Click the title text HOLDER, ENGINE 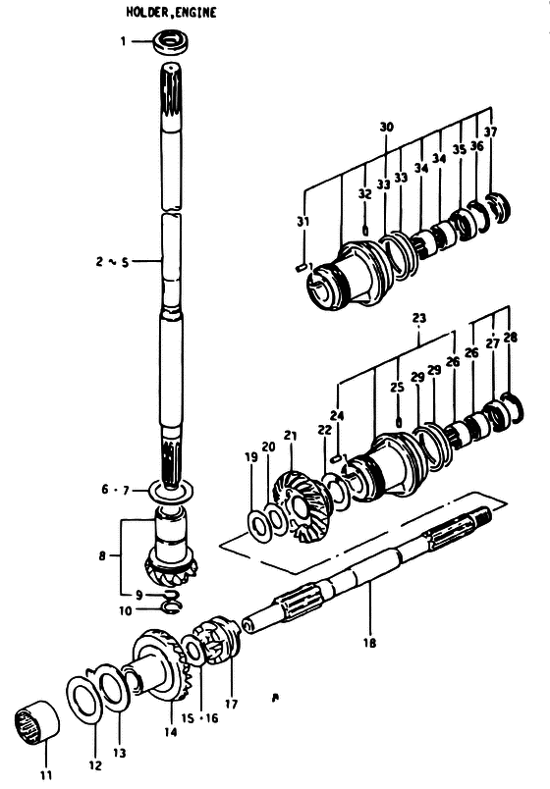(x=171, y=12)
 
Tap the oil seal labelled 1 (x=171, y=41)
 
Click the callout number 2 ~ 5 (x=112, y=262)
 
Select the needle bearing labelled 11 (x=35, y=721)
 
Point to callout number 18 (x=369, y=643)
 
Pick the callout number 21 (x=290, y=436)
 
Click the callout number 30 (x=386, y=127)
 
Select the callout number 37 (x=490, y=131)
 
